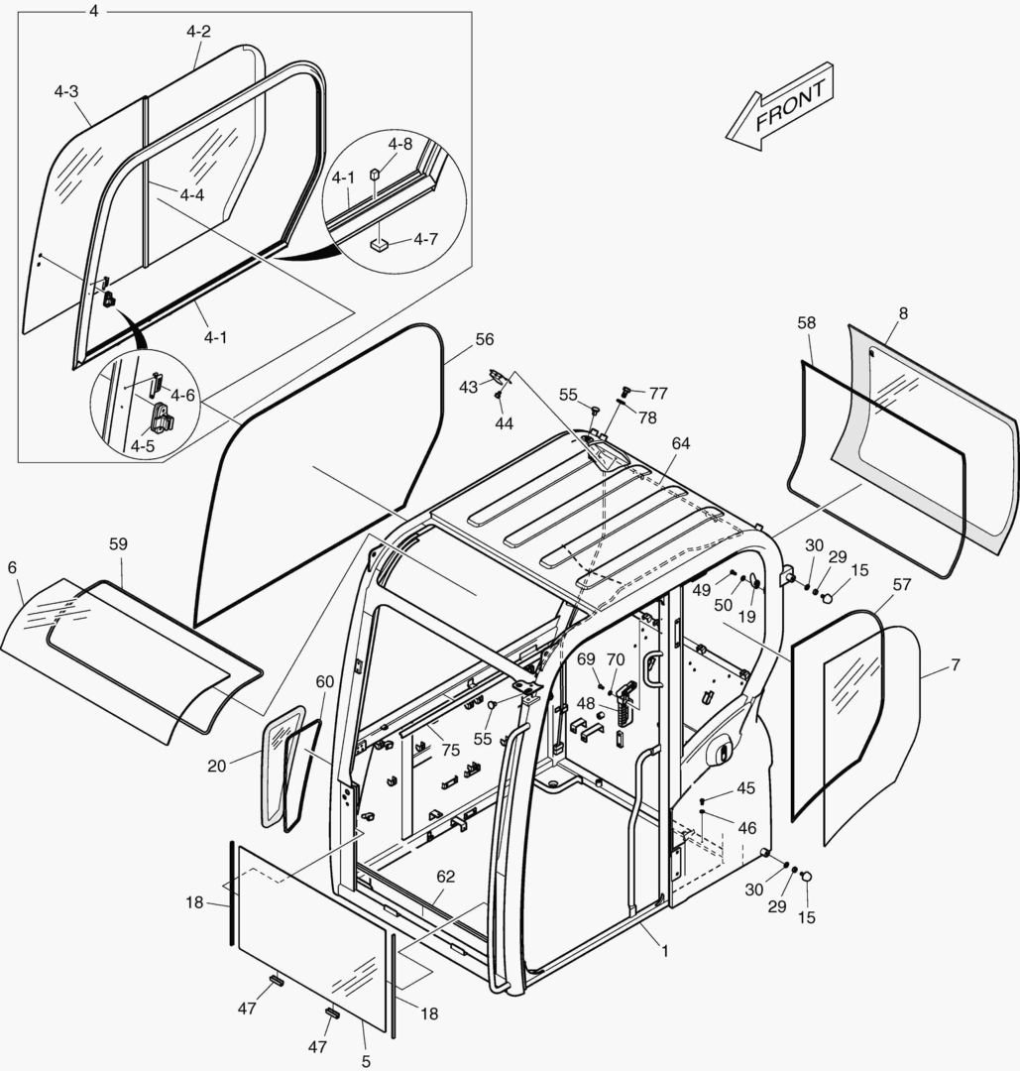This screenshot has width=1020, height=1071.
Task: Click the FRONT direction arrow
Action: [x=779, y=107]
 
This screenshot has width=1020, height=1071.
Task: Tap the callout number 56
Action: [x=484, y=339]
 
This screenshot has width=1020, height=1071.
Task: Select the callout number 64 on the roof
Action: [x=680, y=443]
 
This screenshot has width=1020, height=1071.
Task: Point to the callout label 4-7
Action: [x=426, y=239]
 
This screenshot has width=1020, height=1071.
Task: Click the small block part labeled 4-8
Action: [x=376, y=176]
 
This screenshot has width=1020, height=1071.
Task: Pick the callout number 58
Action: [x=806, y=323]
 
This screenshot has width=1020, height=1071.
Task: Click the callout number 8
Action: [x=902, y=312]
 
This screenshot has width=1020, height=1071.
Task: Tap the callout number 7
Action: [x=955, y=664]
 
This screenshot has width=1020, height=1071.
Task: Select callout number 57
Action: [x=901, y=585]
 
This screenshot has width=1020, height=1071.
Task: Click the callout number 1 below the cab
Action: [x=664, y=951]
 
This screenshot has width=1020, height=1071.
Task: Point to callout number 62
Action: [x=446, y=877]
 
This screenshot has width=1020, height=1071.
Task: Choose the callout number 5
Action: [x=366, y=1061]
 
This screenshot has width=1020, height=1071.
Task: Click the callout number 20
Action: [x=217, y=766]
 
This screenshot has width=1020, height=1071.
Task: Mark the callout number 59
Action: [x=118, y=544]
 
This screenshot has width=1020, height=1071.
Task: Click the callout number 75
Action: [x=451, y=751]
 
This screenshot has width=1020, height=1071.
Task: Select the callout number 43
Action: [x=468, y=387]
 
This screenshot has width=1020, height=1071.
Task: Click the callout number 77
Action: [x=658, y=394]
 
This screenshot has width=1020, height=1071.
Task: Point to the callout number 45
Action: [x=745, y=788]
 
